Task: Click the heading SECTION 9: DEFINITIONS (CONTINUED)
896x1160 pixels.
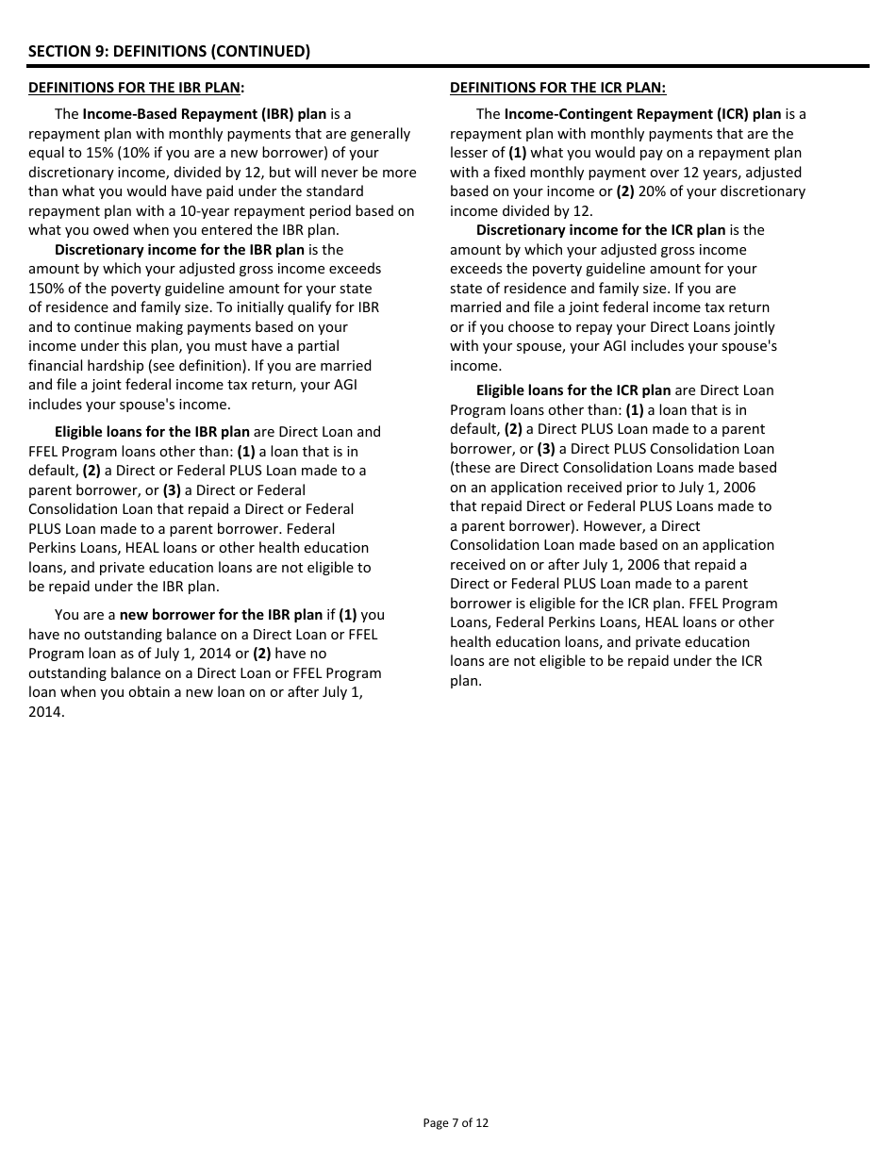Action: click(169, 51)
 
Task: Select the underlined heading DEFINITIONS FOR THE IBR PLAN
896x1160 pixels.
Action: click(136, 88)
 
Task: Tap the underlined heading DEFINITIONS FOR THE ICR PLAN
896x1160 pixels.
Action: click(557, 88)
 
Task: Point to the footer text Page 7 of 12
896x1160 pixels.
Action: click(456, 1122)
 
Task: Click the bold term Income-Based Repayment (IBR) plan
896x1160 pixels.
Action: click(205, 114)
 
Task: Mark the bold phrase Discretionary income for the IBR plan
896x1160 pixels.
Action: click(179, 250)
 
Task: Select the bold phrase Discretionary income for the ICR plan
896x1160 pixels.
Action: click(601, 230)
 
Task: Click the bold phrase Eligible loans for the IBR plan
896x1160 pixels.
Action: click(152, 432)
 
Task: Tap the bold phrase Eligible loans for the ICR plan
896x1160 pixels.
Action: click(573, 390)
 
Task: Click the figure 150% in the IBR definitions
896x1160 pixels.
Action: click(44, 289)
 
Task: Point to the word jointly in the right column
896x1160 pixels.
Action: click(750, 327)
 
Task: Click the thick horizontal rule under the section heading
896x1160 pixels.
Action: click(448, 66)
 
